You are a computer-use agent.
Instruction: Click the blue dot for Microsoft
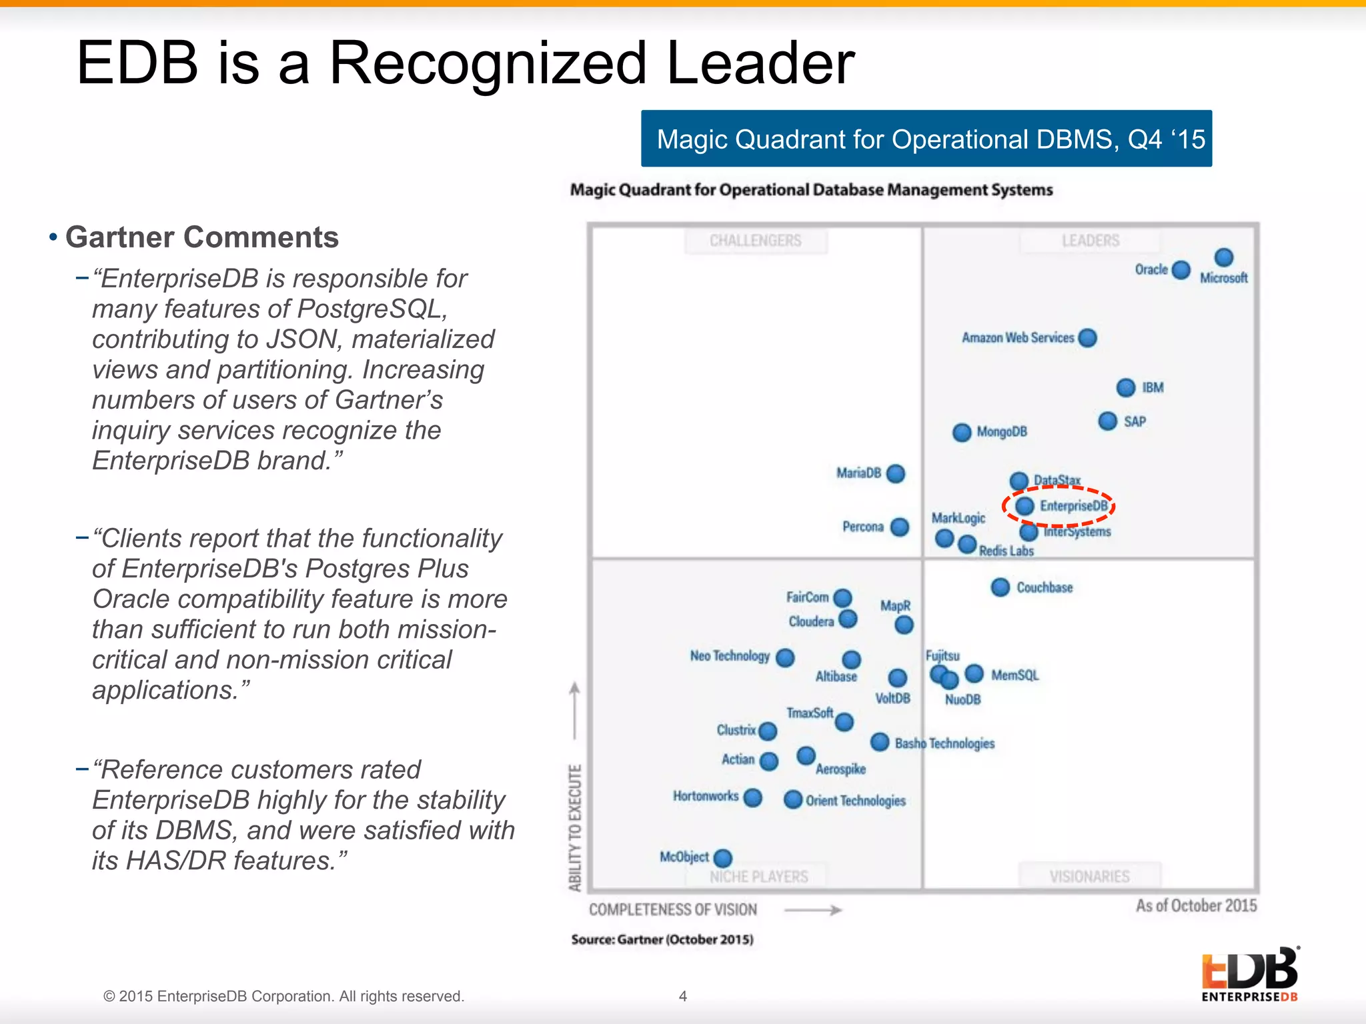pos(1223,258)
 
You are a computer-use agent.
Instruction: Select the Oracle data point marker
pos(1181,270)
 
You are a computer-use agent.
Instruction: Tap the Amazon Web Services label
pos(1017,338)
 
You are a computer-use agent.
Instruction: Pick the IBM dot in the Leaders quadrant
pos(1125,387)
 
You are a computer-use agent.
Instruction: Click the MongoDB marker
pos(961,433)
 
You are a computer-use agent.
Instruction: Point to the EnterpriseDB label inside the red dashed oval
pos(1073,506)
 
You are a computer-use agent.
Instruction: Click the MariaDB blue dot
pos(896,473)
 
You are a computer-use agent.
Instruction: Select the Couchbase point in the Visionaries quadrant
pos(1000,587)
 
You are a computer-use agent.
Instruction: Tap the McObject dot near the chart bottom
pos(722,858)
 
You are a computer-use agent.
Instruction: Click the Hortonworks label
pos(705,796)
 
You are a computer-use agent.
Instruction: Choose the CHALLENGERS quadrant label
pos(755,241)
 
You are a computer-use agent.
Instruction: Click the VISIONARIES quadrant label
pos(1089,876)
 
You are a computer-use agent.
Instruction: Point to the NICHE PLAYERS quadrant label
pos(758,877)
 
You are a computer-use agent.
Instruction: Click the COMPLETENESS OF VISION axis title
pos(672,910)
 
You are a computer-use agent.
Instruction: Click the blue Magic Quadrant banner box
pos(926,139)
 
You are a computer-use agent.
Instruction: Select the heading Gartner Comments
pos(201,237)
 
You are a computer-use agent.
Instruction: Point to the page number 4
pos(682,996)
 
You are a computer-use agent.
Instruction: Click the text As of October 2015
pos(1196,905)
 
